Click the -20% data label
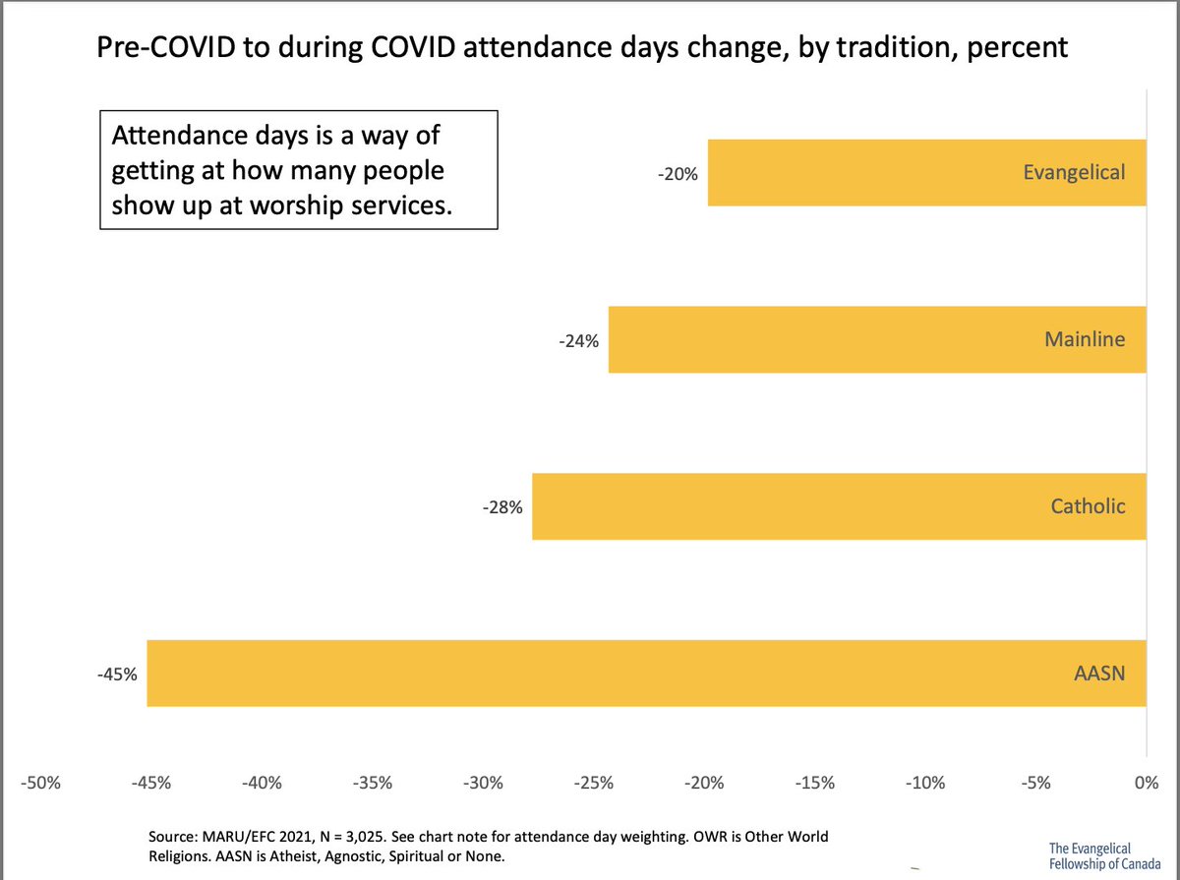tap(678, 174)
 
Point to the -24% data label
tap(578, 341)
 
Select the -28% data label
tap(501, 508)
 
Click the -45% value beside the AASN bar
tap(117, 675)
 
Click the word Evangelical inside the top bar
tap(1074, 173)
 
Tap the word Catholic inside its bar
tap(1088, 506)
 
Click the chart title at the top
tap(581, 47)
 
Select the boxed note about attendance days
tap(298, 172)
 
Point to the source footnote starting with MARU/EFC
tap(487, 846)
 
